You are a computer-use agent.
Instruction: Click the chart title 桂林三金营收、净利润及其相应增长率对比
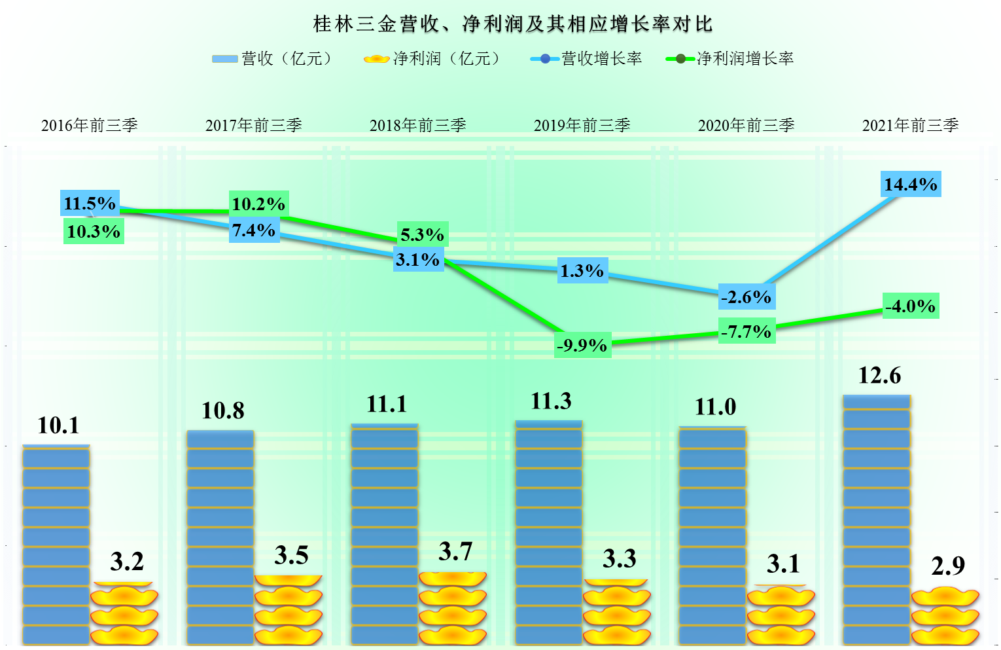tap(513, 24)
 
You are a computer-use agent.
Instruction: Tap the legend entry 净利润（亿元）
tap(433, 59)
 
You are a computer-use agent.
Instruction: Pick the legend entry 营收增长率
tap(587, 59)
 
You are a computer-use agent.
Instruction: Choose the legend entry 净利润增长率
tap(730, 59)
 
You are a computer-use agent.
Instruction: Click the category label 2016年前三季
tap(90, 125)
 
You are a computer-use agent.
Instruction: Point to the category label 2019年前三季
tap(582, 125)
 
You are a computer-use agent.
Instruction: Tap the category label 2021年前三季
tap(911, 125)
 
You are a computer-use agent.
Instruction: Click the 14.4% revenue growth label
tap(911, 185)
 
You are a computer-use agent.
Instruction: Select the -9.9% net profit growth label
tap(582, 345)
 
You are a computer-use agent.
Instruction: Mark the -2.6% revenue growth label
tap(746, 297)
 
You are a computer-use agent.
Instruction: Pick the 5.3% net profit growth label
tap(423, 234)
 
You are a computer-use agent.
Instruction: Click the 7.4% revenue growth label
tap(254, 230)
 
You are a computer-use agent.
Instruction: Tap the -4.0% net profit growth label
tap(911, 306)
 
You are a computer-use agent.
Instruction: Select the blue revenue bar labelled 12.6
tap(877, 520)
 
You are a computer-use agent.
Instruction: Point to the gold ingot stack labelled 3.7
tap(453, 609)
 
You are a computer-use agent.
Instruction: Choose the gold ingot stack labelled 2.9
tap(945, 615)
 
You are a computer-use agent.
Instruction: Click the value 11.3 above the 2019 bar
tap(551, 401)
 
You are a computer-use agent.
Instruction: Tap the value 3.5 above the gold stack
tap(291, 555)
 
